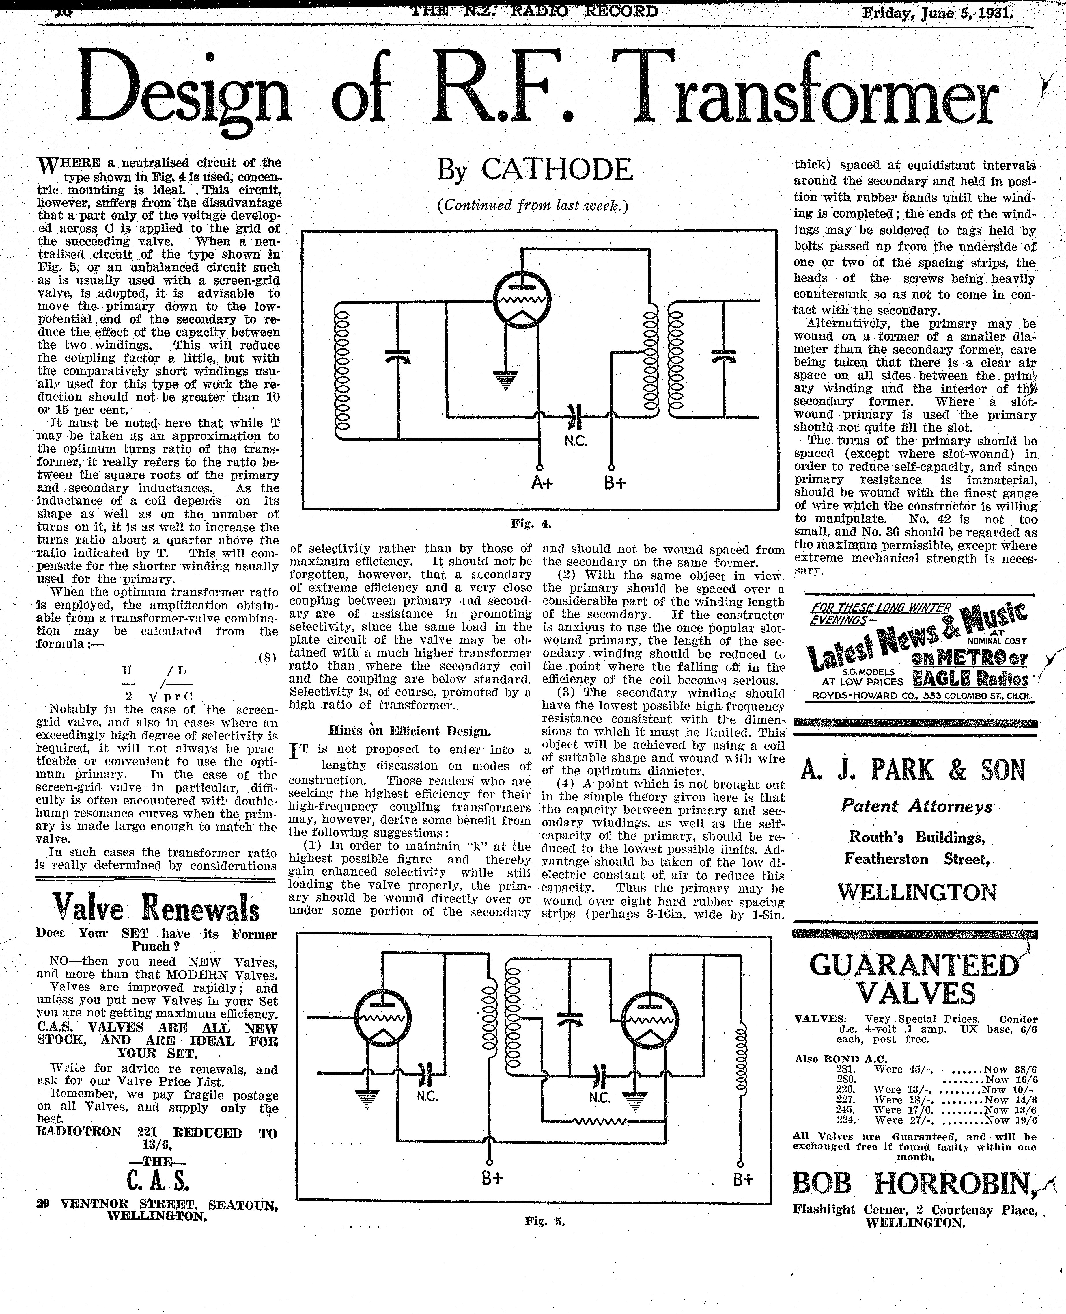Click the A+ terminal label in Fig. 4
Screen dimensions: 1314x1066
coord(542,483)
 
